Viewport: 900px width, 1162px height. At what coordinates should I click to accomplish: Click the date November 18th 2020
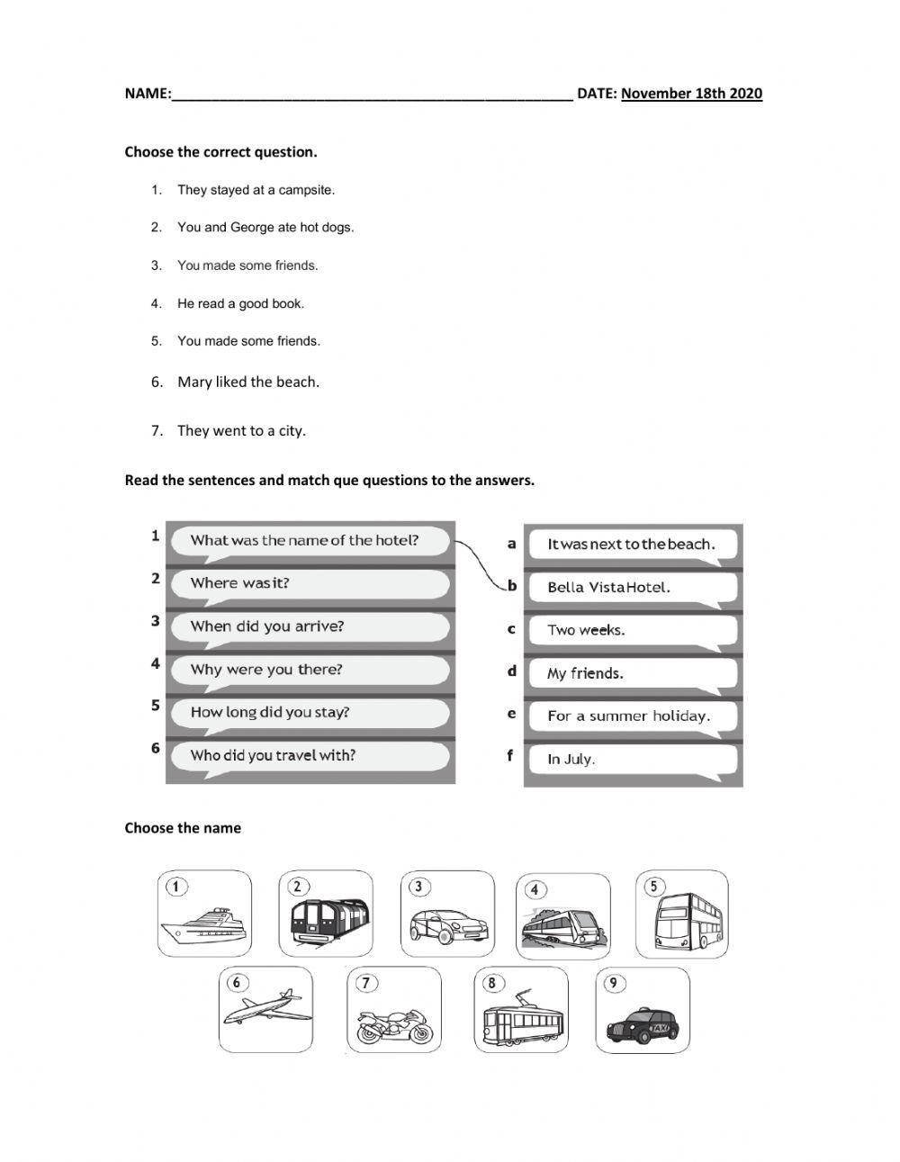691,94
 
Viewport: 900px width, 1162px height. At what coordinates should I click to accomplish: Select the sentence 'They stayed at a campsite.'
256,190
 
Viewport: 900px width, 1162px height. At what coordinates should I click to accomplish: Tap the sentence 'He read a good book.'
240,303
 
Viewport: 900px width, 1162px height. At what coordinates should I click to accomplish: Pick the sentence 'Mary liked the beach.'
248,382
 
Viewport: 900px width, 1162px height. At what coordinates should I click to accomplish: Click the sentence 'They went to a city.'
241,430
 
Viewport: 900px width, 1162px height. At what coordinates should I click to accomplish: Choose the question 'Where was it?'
240,583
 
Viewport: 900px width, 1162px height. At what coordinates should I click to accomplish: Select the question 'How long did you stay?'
270,712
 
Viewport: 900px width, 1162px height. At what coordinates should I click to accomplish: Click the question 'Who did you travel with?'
273,755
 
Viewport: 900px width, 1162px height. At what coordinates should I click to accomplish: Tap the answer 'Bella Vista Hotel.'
609,588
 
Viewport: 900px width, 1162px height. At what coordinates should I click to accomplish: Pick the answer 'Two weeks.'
586,630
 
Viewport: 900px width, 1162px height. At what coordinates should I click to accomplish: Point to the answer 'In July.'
571,759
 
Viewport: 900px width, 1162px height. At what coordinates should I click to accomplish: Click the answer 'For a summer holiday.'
628,716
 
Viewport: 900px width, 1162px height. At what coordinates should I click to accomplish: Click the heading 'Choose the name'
183,828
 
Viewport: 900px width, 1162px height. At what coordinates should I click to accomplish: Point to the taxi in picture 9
643,1024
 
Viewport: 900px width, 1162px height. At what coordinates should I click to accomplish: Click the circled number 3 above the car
418,887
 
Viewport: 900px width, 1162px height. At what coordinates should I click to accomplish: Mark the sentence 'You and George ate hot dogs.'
265,228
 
